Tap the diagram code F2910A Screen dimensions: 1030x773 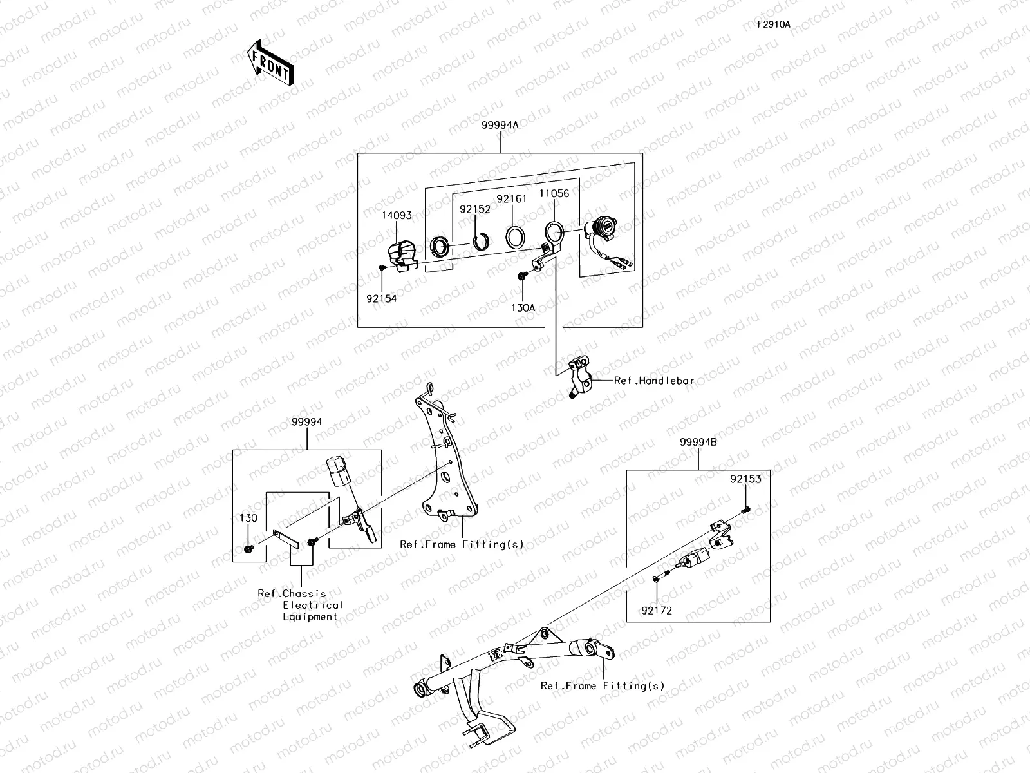tap(774, 24)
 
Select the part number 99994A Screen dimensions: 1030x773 tap(500, 126)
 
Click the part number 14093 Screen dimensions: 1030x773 tap(397, 215)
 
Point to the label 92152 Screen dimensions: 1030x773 tap(475, 209)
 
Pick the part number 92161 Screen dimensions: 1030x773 tap(512, 199)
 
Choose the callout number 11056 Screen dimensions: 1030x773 tap(554, 193)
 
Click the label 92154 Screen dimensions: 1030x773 tap(382, 298)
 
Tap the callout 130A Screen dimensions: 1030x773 tap(523, 308)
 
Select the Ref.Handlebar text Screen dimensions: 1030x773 tap(654, 381)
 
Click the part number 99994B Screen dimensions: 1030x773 tap(698, 442)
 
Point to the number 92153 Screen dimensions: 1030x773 tap(745, 479)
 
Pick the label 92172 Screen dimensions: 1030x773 tap(657, 611)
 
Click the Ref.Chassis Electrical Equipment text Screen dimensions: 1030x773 tap(301, 605)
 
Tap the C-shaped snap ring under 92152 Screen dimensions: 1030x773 tap(480, 242)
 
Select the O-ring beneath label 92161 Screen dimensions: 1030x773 tap(515, 238)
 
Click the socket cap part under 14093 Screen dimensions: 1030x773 tap(402, 256)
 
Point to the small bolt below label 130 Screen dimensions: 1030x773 tap(248, 548)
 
